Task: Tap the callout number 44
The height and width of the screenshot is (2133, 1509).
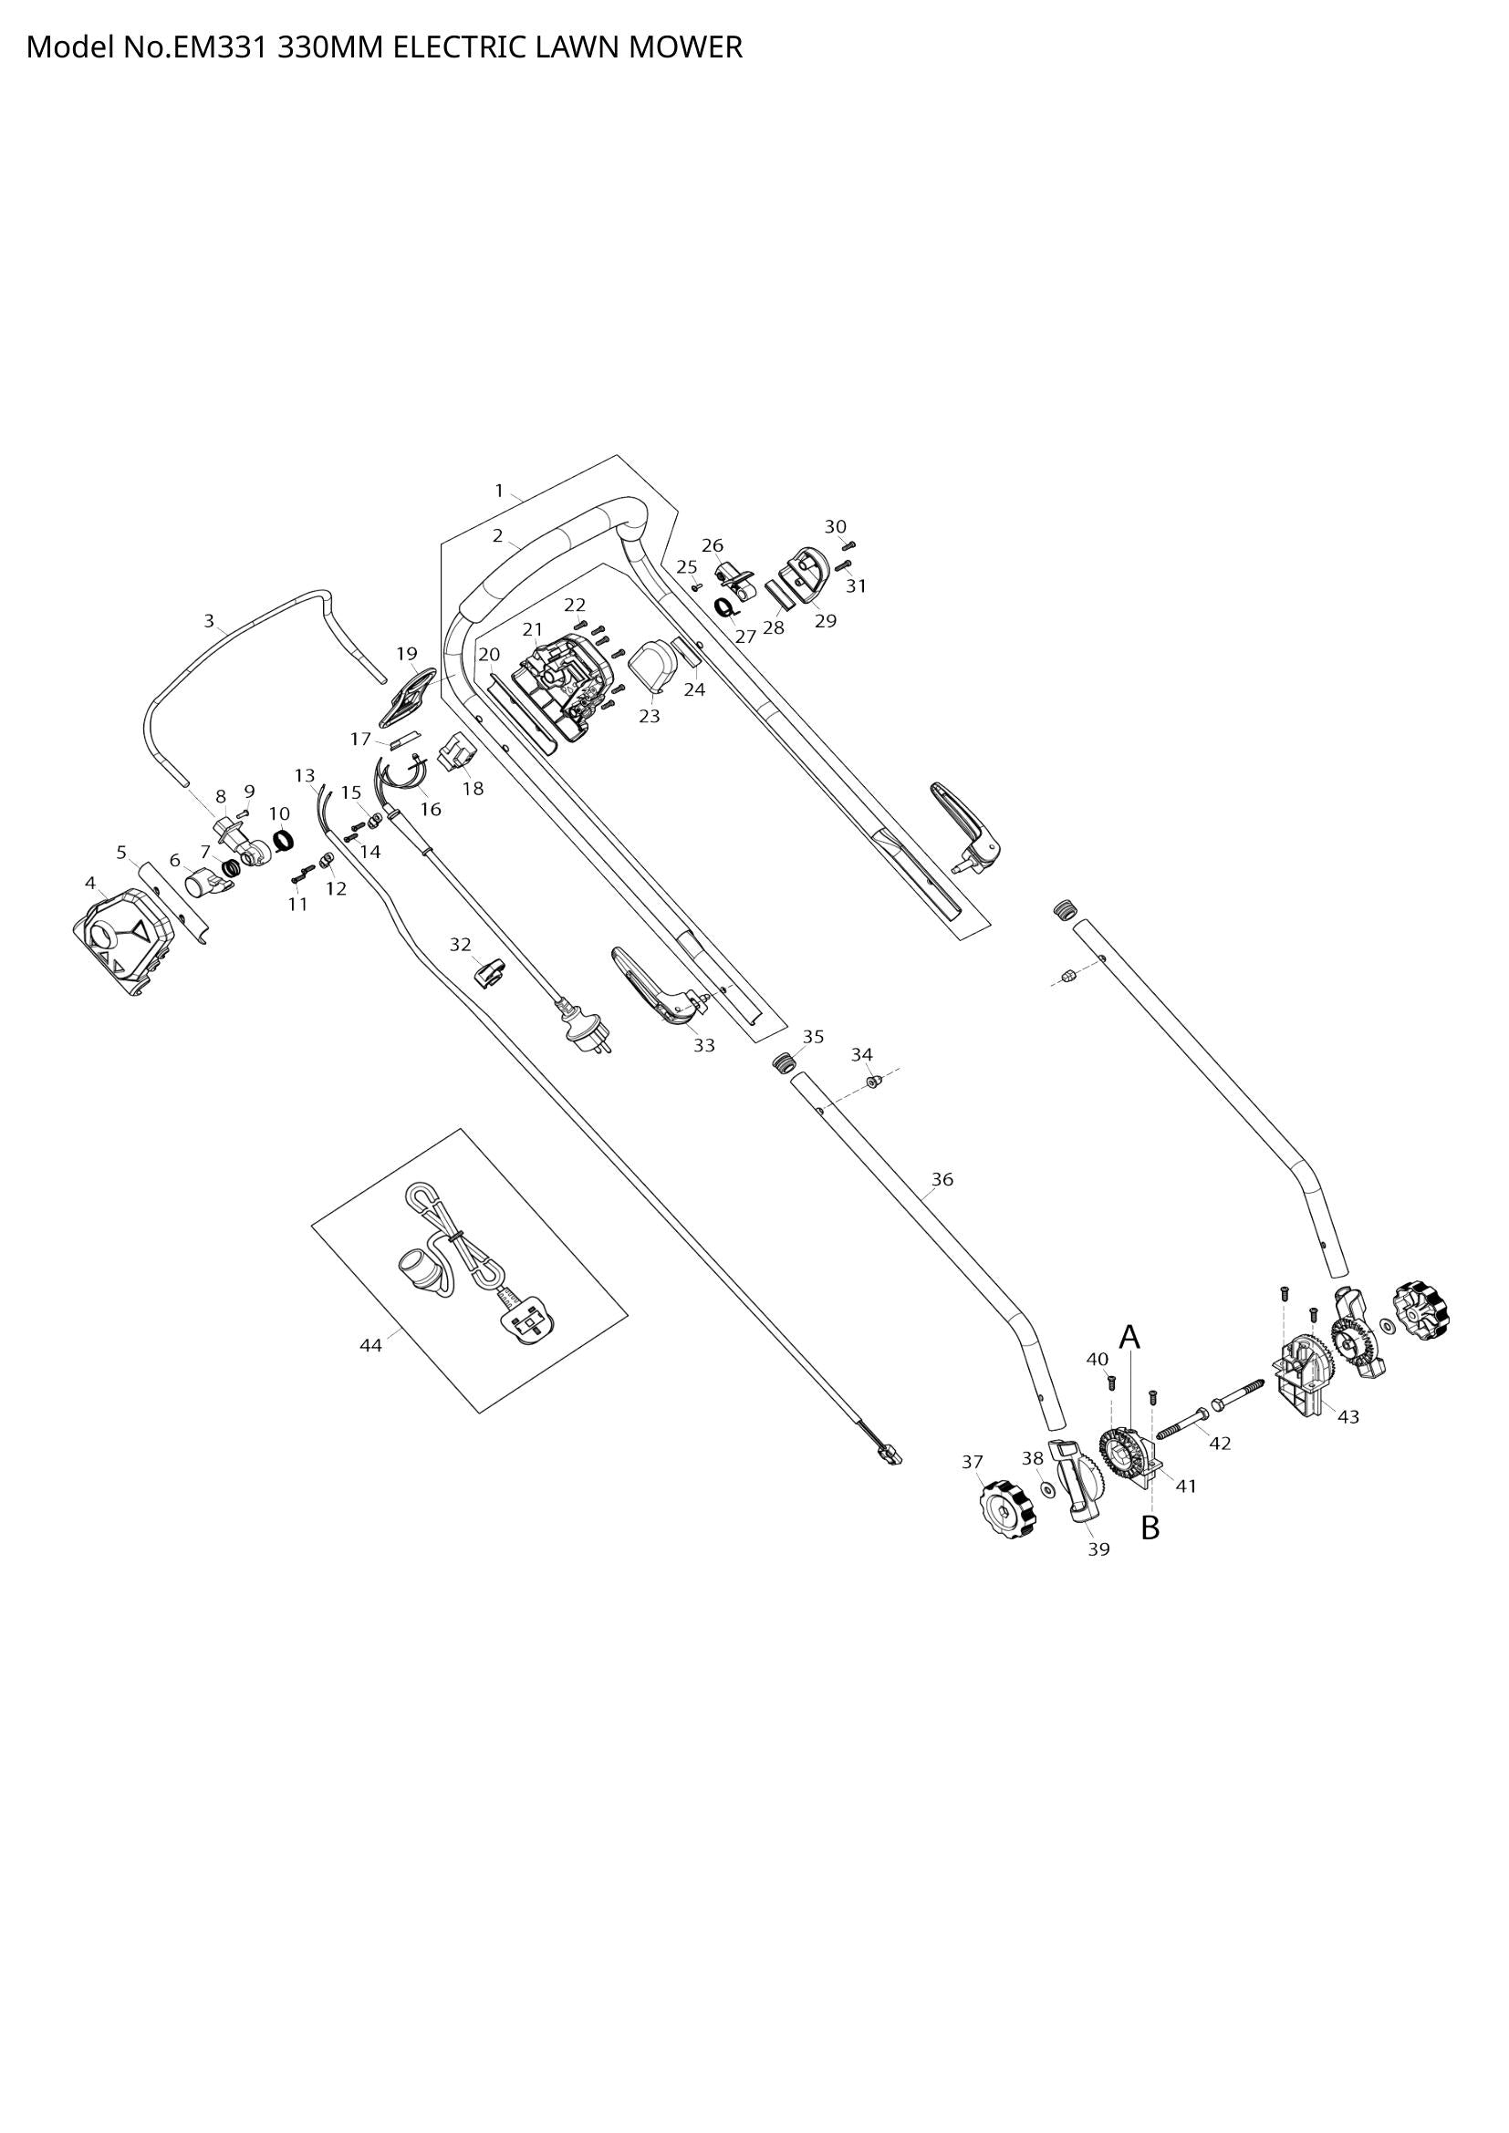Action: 370,1345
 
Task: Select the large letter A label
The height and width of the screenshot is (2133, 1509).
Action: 1129,1337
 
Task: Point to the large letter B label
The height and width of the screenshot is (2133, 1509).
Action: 1150,1527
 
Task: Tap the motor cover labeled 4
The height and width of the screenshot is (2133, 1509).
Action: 123,940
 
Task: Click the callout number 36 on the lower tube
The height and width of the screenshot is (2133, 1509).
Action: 942,1179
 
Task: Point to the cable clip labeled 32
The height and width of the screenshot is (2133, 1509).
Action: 490,973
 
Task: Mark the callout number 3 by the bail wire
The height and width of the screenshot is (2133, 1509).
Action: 209,621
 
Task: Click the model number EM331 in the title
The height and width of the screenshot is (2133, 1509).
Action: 217,47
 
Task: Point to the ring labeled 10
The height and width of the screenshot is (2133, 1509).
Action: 284,842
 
